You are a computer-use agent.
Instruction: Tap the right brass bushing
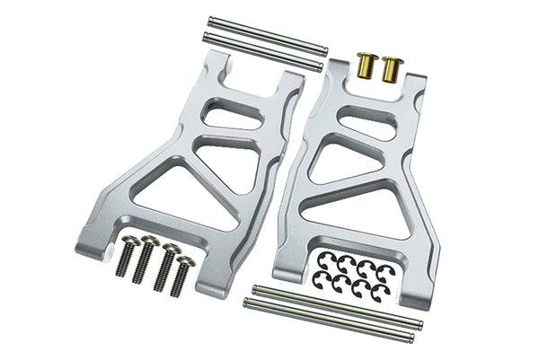(391, 66)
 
